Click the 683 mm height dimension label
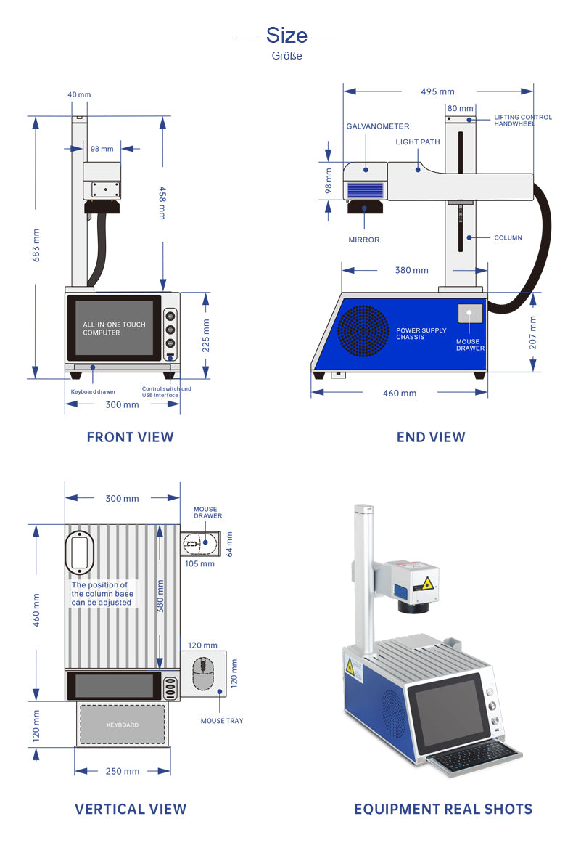[x=36, y=245]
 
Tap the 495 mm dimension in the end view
[x=437, y=91]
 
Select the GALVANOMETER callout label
[x=377, y=126]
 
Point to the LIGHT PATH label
[x=418, y=142]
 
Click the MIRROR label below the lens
[x=364, y=240]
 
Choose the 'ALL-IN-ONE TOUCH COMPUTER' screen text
[x=113, y=328]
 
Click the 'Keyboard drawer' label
[x=93, y=392]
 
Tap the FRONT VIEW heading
[x=130, y=437]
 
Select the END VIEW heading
[x=431, y=437]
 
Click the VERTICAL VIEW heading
[x=131, y=809]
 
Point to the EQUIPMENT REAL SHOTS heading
[x=443, y=809]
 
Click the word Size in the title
[x=286, y=35]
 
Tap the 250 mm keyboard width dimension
[x=123, y=771]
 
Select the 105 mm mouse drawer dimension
[x=199, y=563]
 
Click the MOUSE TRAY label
[x=222, y=721]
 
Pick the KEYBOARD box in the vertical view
[x=123, y=725]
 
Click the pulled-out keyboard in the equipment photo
[x=475, y=759]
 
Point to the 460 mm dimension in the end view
[x=400, y=394]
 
